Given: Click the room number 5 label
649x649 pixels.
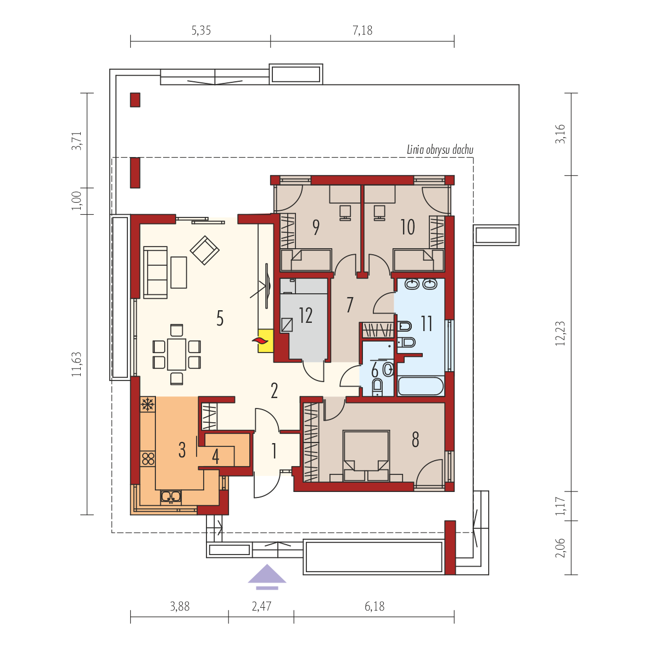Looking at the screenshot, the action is point(220,318).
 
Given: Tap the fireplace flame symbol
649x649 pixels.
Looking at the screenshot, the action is point(261,341).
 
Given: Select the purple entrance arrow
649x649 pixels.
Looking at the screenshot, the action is point(267,576).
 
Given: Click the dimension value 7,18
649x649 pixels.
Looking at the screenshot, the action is point(362,30).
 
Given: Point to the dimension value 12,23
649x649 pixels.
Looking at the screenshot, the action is point(560,333).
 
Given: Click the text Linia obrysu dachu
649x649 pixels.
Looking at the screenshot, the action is point(440,149).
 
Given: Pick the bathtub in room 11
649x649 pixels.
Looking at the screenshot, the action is point(421,386).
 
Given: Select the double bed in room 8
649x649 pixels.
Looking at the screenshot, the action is point(366,455).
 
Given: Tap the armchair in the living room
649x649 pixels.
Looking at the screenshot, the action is point(204,250).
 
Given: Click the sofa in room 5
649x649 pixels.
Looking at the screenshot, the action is point(155,272).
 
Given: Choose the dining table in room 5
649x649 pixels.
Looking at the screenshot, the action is point(177,354).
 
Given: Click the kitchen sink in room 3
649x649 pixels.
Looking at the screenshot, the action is point(171,496).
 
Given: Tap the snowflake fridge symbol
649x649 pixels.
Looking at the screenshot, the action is point(148,404).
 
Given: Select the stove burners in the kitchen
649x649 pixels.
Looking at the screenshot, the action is point(148,458).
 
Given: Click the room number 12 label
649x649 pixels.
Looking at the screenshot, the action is point(305,315).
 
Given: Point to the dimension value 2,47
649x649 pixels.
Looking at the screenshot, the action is point(261,606).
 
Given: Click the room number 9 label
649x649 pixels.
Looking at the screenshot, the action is point(316,227).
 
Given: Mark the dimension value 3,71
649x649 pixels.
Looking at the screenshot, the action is point(76,141).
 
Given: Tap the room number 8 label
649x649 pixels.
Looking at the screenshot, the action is point(415,440).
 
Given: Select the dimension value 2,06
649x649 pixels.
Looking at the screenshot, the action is point(560,547).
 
